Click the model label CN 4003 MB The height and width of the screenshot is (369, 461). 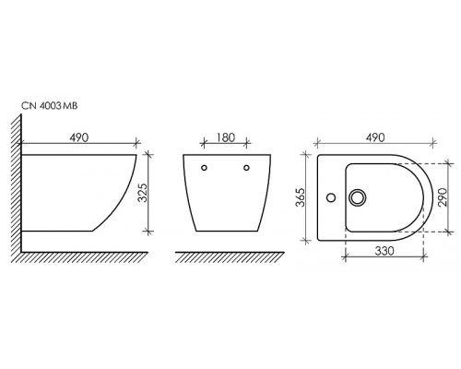click(x=49, y=106)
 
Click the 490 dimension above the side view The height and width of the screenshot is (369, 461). click(x=79, y=137)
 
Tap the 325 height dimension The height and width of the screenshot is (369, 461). click(x=143, y=193)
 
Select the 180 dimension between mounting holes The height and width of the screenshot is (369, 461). click(x=226, y=137)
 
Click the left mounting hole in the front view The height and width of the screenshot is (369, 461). click(x=204, y=168)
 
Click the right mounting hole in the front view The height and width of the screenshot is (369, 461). click(x=246, y=168)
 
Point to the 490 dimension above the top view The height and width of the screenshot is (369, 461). click(x=375, y=137)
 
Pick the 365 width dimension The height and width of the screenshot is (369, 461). click(x=300, y=197)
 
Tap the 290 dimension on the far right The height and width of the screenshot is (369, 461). click(x=443, y=197)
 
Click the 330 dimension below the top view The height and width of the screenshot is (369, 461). click(x=384, y=251)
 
